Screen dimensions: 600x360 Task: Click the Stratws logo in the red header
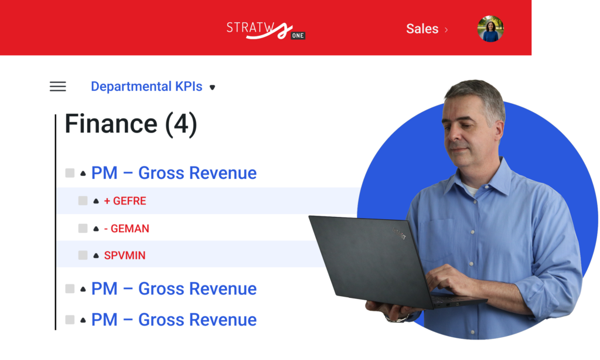[x=265, y=30]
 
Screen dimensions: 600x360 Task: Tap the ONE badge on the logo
[x=298, y=36]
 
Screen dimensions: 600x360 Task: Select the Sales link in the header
[x=422, y=29]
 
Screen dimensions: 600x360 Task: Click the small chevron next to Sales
[x=446, y=29]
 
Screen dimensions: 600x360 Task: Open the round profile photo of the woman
[x=490, y=29]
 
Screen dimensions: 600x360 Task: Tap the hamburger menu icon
[x=58, y=87]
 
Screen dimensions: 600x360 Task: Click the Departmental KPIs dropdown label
[x=146, y=87]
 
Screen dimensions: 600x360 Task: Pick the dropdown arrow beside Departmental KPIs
[x=212, y=87]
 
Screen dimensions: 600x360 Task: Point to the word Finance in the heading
[x=111, y=124]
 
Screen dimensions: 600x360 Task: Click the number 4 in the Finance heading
[x=182, y=124]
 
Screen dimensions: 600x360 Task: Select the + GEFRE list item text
[x=125, y=201]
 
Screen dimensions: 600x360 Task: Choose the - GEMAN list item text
[x=127, y=229]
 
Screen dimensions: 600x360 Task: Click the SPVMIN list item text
[x=125, y=256]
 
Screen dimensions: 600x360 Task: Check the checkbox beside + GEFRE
[x=83, y=201]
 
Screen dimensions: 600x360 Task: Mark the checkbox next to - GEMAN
[x=83, y=229]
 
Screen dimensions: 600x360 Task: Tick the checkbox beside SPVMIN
[x=83, y=255]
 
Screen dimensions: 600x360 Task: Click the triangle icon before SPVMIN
[x=96, y=256]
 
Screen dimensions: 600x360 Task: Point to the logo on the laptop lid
[x=399, y=233]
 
